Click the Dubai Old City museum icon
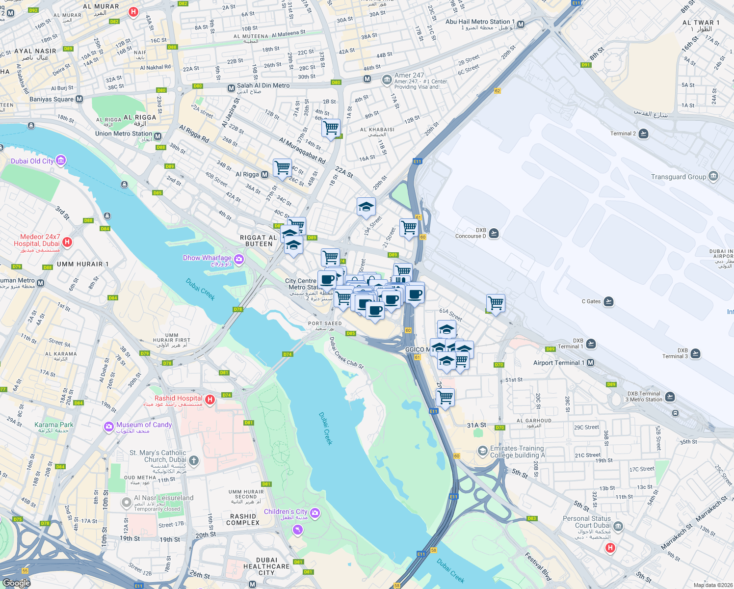tap(60, 161)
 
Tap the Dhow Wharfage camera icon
tap(239, 259)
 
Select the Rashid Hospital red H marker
tap(210, 400)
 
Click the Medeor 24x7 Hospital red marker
tap(68, 242)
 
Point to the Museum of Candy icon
tap(108, 427)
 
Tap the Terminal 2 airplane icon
tap(644, 134)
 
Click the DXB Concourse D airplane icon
tap(494, 233)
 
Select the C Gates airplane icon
tap(608, 301)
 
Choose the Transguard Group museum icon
tap(713, 176)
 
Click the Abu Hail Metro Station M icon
tap(521, 24)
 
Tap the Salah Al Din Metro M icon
tap(231, 88)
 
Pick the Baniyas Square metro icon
tap(79, 99)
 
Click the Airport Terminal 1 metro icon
tap(591, 363)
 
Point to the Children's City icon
tap(315, 513)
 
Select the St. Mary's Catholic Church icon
tap(194, 460)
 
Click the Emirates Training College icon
tap(482, 451)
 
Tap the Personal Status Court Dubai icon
tap(618, 527)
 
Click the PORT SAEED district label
tap(325, 323)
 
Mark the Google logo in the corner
tap(16, 583)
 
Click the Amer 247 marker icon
tap(387, 79)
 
